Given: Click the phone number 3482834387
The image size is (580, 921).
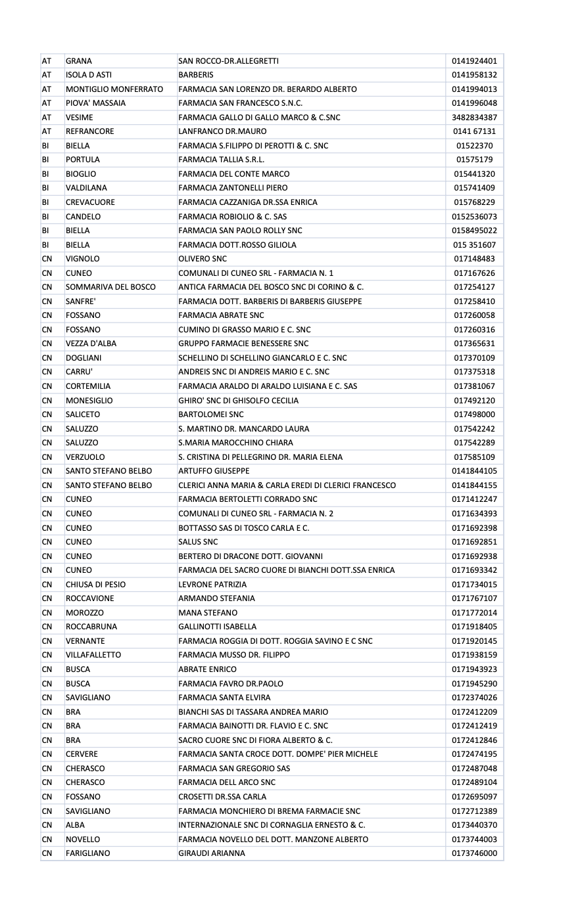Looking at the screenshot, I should [x=474, y=118].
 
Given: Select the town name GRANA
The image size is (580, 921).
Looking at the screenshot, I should [x=79, y=61].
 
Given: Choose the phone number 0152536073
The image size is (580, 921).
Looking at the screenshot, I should [x=474, y=217].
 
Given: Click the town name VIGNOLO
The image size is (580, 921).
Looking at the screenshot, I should [x=83, y=259].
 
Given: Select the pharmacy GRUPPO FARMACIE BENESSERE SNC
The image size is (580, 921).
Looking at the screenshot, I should [x=243, y=344].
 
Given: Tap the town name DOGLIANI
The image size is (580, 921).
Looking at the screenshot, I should [x=84, y=358].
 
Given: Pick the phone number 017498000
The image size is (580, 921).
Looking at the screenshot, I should [x=474, y=415].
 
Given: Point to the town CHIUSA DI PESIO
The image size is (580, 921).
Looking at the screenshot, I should [x=96, y=584].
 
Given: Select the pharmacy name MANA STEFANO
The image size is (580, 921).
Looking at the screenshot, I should [x=208, y=612].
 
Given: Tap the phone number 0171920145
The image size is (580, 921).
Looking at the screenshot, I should [x=474, y=640].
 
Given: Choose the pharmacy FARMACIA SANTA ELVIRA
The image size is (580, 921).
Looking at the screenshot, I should [x=224, y=698].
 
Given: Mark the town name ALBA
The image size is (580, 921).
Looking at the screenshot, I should [x=75, y=825].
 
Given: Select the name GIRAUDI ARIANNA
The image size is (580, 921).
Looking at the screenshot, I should [x=212, y=853].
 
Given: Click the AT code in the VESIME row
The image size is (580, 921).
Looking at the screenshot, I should [x=47, y=118].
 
